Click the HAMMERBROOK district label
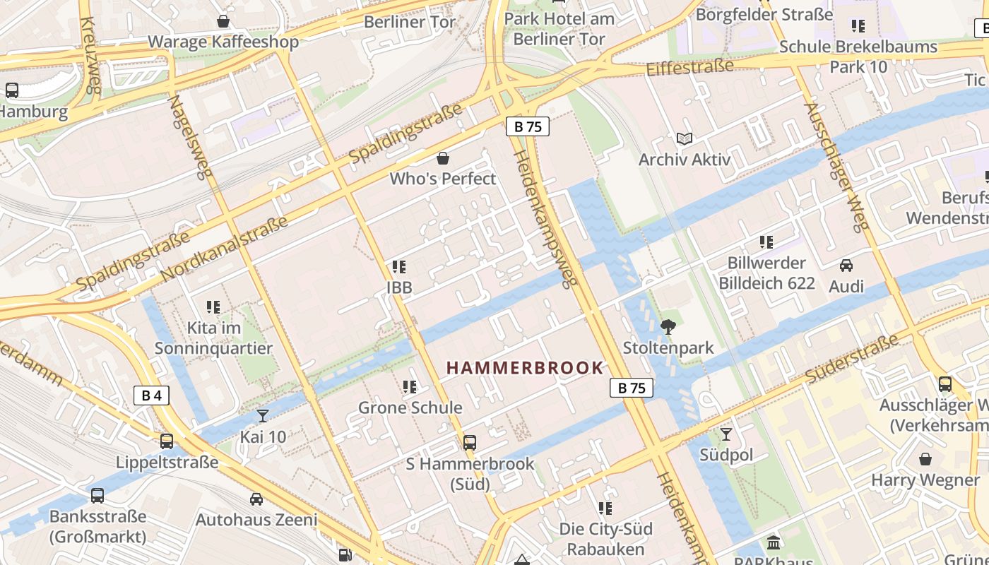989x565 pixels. pos(525,367)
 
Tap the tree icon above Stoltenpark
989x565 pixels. pos(668,326)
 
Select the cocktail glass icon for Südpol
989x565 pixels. pos(726,434)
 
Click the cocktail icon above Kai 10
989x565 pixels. pos(263,415)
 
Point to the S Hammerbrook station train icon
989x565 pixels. pos(470,443)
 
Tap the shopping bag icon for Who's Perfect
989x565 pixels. pos(443,157)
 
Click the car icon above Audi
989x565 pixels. pos(846,266)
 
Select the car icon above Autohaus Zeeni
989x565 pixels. pos(256,499)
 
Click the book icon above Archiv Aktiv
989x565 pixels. pos(684,139)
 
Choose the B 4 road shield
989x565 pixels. pos(151,395)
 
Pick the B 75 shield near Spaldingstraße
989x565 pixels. pos(528,127)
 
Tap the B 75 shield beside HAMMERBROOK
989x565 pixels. pos(632,388)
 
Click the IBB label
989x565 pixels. pos(399,288)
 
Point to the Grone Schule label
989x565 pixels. pos(410,408)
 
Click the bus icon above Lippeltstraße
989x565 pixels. pos(167,441)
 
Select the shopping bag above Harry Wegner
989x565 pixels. pos(925,459)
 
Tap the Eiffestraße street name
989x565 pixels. pos(690,68)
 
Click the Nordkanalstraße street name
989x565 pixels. pos(225,248)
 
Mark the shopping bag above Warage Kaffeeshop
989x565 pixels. pos(223,21)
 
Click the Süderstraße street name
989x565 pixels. pos(851,359)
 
